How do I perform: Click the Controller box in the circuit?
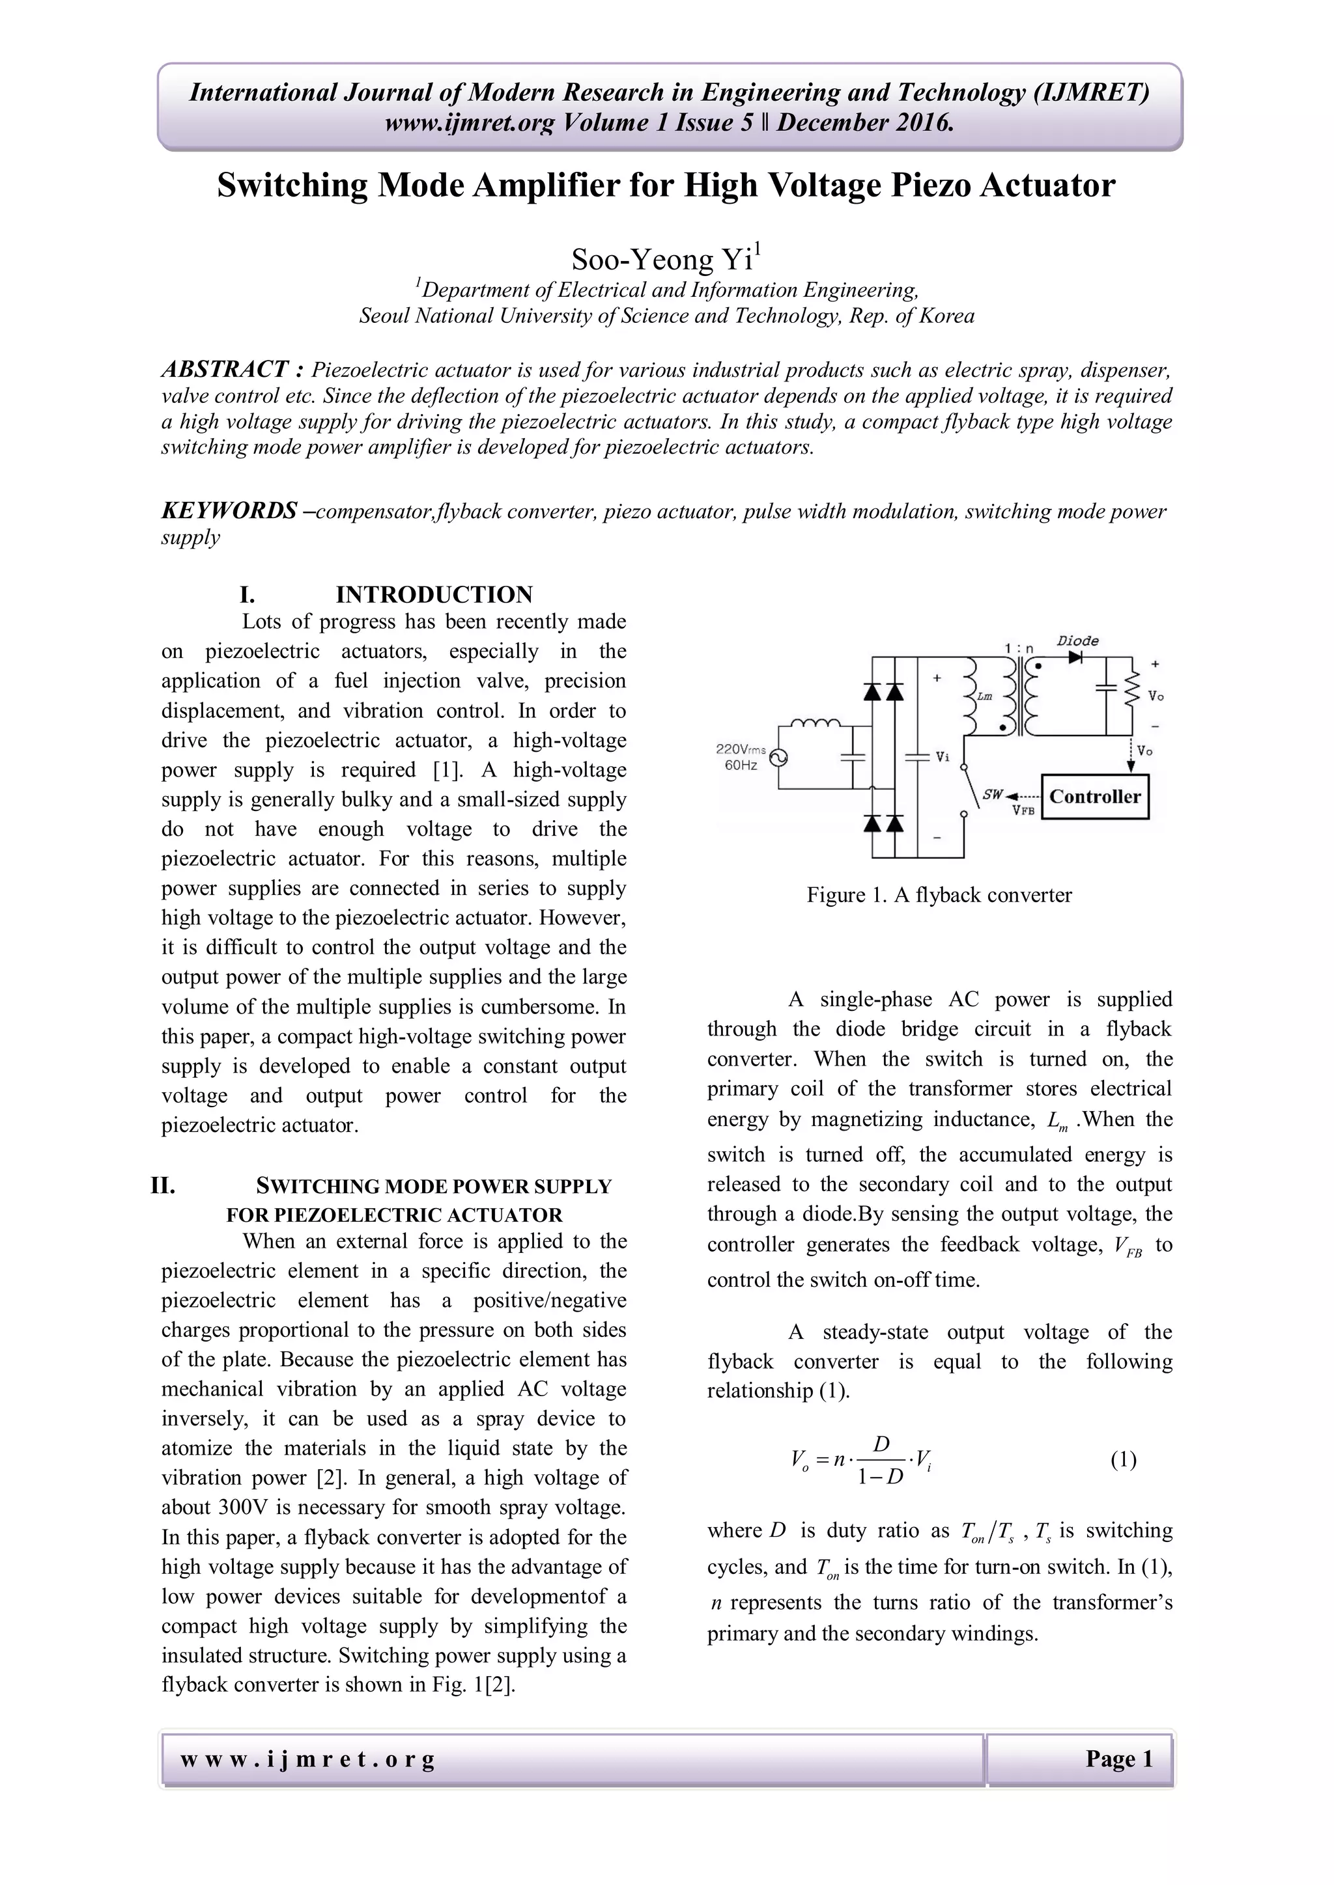coord(1094,796)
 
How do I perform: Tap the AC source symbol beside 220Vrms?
coord(777,758)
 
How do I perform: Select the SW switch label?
coord(992,795)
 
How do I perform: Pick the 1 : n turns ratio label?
coord(1019,648)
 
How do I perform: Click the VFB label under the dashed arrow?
coord(1023,810)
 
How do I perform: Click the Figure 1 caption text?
coord(939,895)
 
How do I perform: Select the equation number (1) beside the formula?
coord(1123,1460)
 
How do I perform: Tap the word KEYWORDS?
coord(229,511)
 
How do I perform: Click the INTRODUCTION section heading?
coord(434,594)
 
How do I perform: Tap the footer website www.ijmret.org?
coord(307,1759)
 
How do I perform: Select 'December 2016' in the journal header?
coord(865,123)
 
